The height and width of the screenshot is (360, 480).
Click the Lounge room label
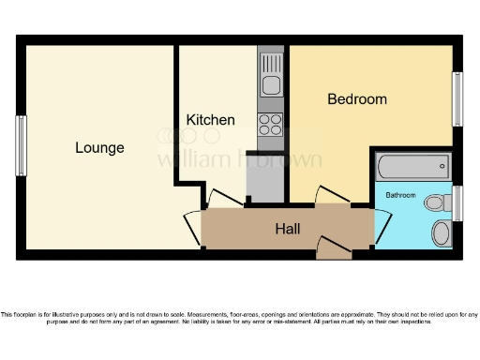click(99, 148)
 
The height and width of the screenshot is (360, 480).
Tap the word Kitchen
click(210, 120)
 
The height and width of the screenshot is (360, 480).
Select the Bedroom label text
click(356, 99)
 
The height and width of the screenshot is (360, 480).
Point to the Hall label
click(287, 228)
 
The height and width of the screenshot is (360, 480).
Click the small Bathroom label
click(400, 195)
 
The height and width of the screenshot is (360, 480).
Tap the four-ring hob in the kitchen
click(271, 125)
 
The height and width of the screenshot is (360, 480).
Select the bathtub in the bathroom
click(412, 169)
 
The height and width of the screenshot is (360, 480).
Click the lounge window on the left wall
click(21, 145)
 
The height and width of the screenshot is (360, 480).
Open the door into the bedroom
click(333, 195)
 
